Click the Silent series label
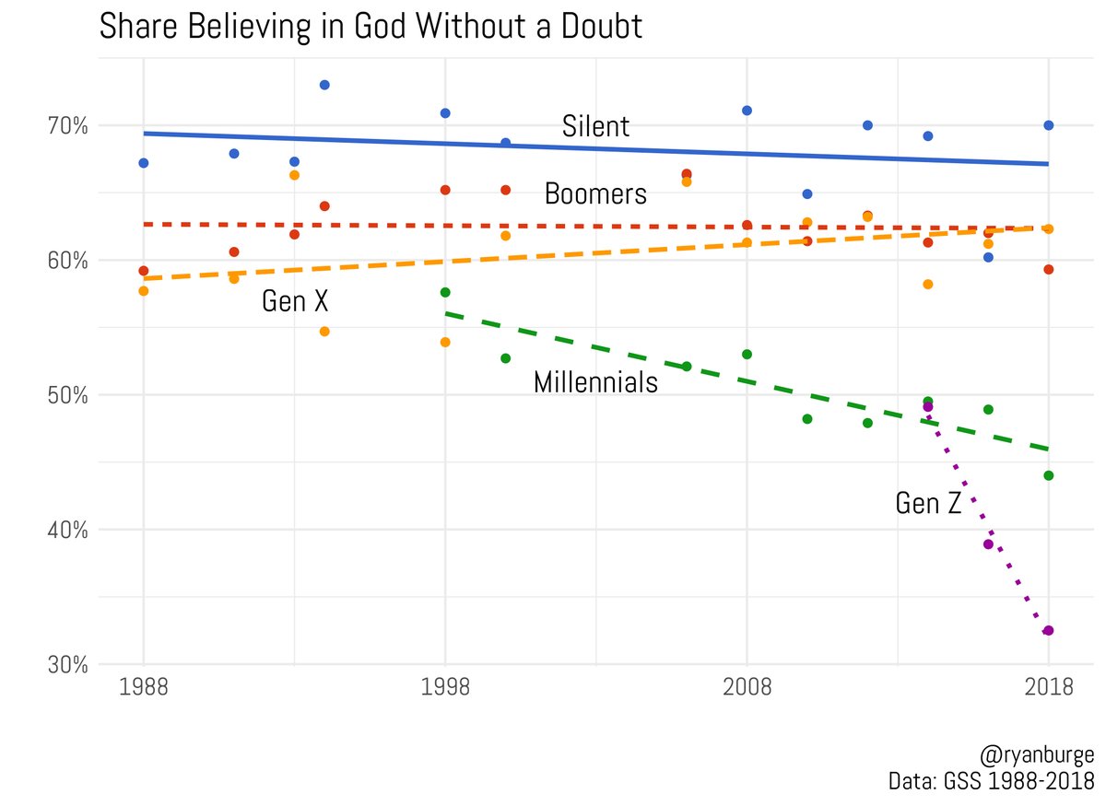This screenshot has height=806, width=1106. point(595,126)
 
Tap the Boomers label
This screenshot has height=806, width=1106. point(595,194)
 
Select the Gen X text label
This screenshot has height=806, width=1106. point(295,301)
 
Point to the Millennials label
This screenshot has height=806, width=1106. point(595,382)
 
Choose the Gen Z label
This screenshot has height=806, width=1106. point(928,503)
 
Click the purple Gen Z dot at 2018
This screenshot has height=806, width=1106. point(1048,631)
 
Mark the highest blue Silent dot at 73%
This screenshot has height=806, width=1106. point(324,85)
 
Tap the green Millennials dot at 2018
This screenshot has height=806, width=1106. point(1048,475)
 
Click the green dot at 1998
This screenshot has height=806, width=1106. point(445,292)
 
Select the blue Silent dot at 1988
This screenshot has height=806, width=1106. point(143,163)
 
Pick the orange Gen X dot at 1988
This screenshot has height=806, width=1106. point(143,291)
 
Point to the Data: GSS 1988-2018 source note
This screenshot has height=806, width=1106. point(992,781)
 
